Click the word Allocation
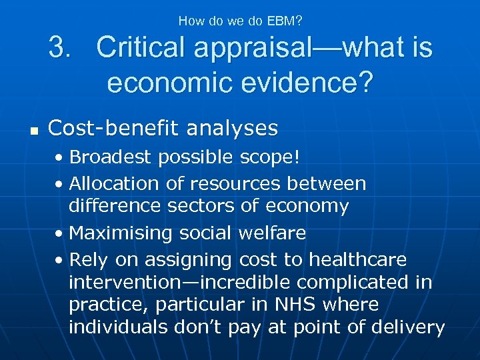(114, 183)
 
